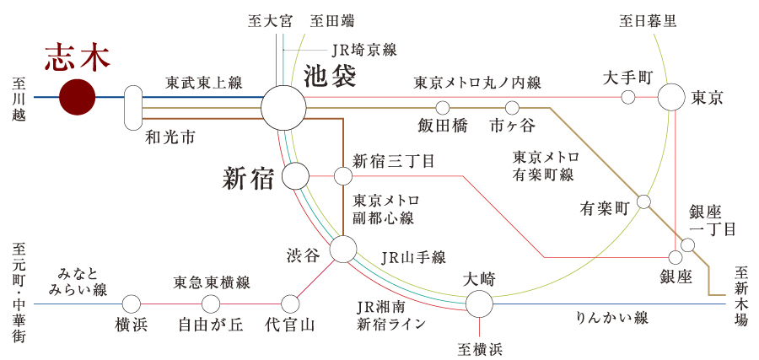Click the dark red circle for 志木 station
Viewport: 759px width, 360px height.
point(77,97)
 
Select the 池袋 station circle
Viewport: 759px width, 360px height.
point(283,108)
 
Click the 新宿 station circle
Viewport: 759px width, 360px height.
point(295,176)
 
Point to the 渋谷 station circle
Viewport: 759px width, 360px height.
point(343,249)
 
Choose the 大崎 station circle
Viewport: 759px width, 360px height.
point(479,304)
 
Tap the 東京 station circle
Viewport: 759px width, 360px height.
point(672,97)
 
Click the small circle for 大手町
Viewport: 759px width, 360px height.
point(627,97)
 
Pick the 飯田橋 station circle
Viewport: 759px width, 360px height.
point(443,108)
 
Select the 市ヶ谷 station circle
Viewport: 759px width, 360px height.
point(512,108)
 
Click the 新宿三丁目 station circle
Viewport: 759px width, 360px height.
point(343,176)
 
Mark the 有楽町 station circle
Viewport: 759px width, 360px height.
point(644,201)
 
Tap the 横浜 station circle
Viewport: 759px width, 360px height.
point(132,304)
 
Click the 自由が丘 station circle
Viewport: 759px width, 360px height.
point(211,304)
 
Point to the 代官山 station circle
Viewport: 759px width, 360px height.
point(290,304)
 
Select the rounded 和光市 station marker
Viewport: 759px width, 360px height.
point(133,107)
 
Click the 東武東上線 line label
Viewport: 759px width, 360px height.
point(204,83)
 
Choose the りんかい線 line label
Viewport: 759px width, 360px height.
point(611,319)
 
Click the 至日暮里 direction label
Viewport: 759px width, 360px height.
point(649,20)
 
